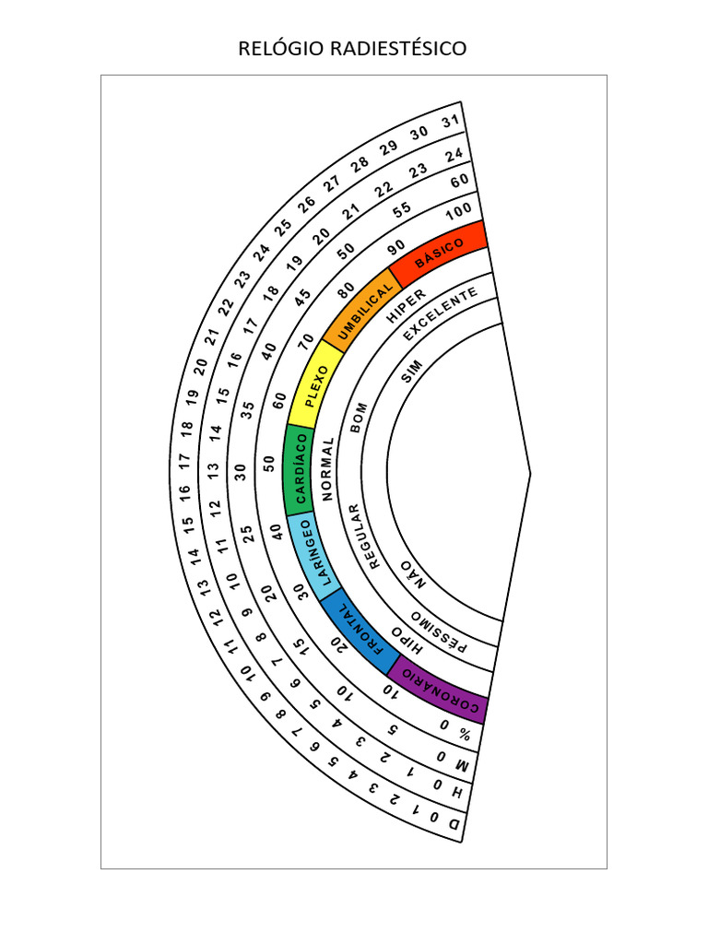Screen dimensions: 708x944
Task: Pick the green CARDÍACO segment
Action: pos(300,469)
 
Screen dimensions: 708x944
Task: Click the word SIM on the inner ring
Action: pos(412,372)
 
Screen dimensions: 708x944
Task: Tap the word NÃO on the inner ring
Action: pos(414,575)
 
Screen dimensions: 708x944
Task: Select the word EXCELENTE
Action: pos(440,313)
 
